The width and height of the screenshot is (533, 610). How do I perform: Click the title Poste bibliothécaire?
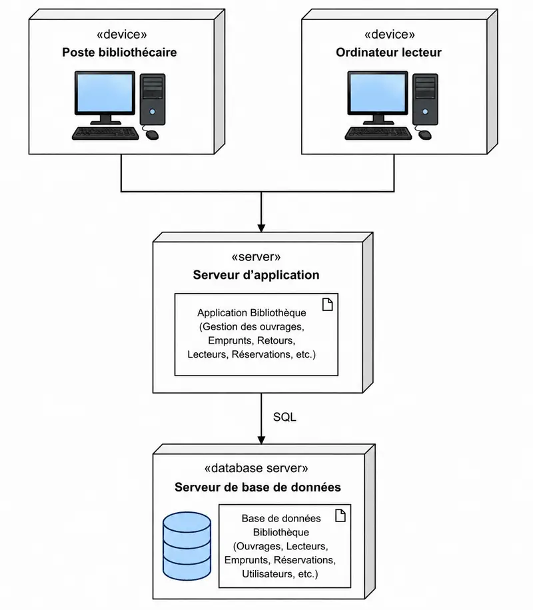pyautogui.click(x=119, y=52)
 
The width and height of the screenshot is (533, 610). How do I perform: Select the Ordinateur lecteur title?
pyautogui.click(x=388, y=52)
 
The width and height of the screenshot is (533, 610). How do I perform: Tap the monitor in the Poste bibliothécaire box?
pyautogui.click(x=105, y=97)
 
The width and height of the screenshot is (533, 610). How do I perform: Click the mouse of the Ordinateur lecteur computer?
pyautogui.click(x=425, y=135)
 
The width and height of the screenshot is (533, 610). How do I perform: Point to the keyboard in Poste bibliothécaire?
pyautogui.click(x=105, y=133)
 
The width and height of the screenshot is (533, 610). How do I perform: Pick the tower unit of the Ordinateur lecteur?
pyautogui.click(x=426, y=100)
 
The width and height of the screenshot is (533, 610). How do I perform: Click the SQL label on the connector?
pyautogui.click(x=284, y=417)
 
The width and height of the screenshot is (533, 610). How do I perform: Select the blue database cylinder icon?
pyautogui.click(x=187, y=546)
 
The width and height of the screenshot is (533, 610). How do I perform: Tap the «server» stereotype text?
pyautogui.click(x=256, y=257)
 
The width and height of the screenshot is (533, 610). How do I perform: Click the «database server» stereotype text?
pyautogui.click(x=257, y=468)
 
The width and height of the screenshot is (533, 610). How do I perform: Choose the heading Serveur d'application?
pyautogui.click(x=257, y=275)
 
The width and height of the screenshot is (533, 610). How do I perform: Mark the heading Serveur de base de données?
pyautogui.click(x=258, y=487)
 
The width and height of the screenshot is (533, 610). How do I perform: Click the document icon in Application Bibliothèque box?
pyautogui.click(x=328, y=304)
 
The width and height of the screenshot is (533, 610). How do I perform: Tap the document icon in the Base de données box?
pyautogui.click(x=340, y=515)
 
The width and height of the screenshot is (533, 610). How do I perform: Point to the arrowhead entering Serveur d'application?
pyautogui.click(x=261, y=228)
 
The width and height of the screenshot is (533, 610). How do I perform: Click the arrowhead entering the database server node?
pyautogui.click(x=261, y=440)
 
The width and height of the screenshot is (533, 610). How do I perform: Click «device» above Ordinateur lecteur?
pyautogui.click(x=389, y=34)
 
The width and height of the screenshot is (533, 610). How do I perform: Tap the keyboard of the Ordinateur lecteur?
pyautogui.click(x=378, y=133)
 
